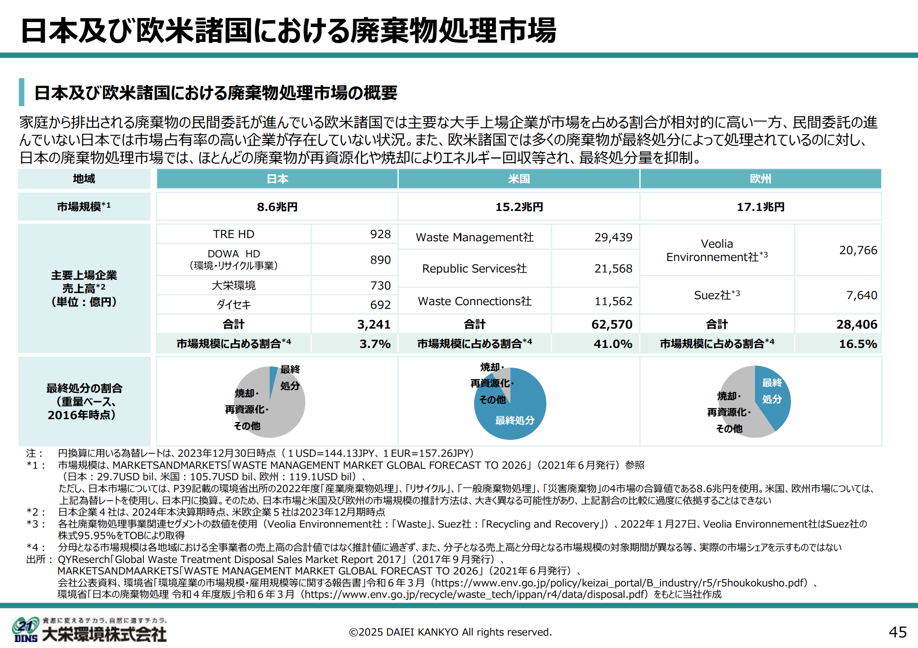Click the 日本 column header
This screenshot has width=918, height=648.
pyautogui.click(x=277, y=179)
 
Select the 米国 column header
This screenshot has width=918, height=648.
pyautogui.click(x=519, y=179)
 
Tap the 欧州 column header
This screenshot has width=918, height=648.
pyautogui.click(x=760, y=179)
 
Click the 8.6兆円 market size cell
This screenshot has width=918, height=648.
pyautogui.click(x=277, y=207)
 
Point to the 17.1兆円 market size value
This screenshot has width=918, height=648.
pyautogui.click(x=761, y=207)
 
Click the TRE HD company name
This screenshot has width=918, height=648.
pyautogui.click(x=234, y=234)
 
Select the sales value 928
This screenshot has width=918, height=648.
pyautogui.click(x=380, y=234)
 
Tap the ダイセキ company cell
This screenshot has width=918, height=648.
pyautogui.click(x=234, y=305)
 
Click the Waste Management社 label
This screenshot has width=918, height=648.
pyautogui.click(x=475, y=237)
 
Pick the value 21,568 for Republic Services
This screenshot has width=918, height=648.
pyautogui.click(x=613, y=268)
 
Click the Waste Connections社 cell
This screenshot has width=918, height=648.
pyautogui.click(x=475, y=301)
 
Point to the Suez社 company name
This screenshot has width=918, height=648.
pyautogui.click(x=717, y=295)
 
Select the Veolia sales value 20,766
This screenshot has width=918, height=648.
pyautogui.click(x=858, y=250)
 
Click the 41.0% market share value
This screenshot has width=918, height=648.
pyautogui.click(x=613, y=344)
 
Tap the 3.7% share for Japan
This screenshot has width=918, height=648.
pyautogui.click(x=375, y=344)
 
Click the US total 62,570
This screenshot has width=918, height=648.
pyautogui.click(x=612, y=324)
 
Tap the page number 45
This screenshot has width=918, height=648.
pyautogui.click(x=897, y=632)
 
